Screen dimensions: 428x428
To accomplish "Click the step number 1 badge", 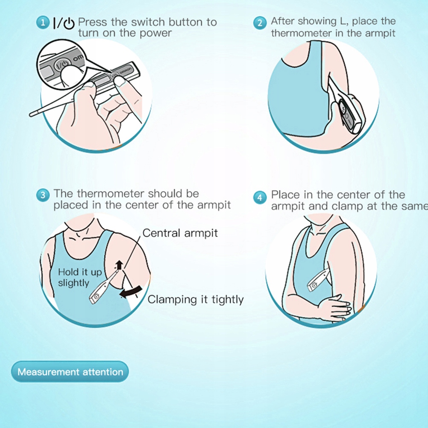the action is pyautogui.click(x=43, y=23).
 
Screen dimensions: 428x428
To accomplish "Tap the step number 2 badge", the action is pyautogui.click(x=260, y=23).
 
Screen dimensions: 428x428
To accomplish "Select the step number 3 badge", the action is pyautogui.click(x=43, y=195).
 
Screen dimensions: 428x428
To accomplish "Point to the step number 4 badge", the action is pyautogui.click(x=260, y=197).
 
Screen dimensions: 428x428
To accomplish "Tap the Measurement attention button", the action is pyautogui.click(x=70, y=372).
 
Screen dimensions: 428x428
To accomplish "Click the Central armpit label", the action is pyautogui.click(x=180, y=233).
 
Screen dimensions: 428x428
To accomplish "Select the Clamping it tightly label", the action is pyautogui.click(x=196, y=299).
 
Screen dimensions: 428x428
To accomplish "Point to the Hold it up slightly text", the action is pyautogui.click(x=80, y=277).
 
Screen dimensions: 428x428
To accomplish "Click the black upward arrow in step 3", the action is pyautogui.click(x=119, y=265).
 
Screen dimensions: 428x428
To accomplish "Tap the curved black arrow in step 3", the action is pyautogui.click(x=131, y=292).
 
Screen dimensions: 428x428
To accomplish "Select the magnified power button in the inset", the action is pyautogui.click(x=63, y=64).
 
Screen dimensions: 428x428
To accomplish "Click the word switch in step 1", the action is pyautogui.click(x=147, y=22).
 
